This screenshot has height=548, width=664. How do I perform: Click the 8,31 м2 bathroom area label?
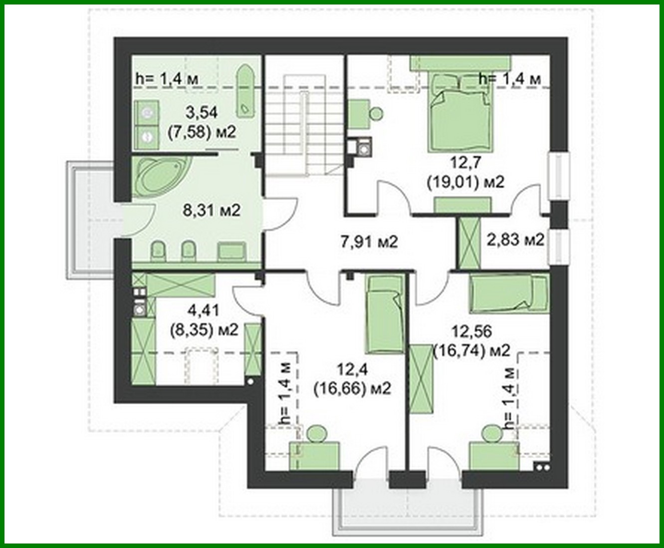click(212, 210)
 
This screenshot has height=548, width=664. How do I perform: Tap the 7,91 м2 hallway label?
click(369, 243)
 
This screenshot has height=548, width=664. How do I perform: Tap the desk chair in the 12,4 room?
click(316, 433)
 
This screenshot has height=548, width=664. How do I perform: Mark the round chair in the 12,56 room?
click(492, 433)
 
